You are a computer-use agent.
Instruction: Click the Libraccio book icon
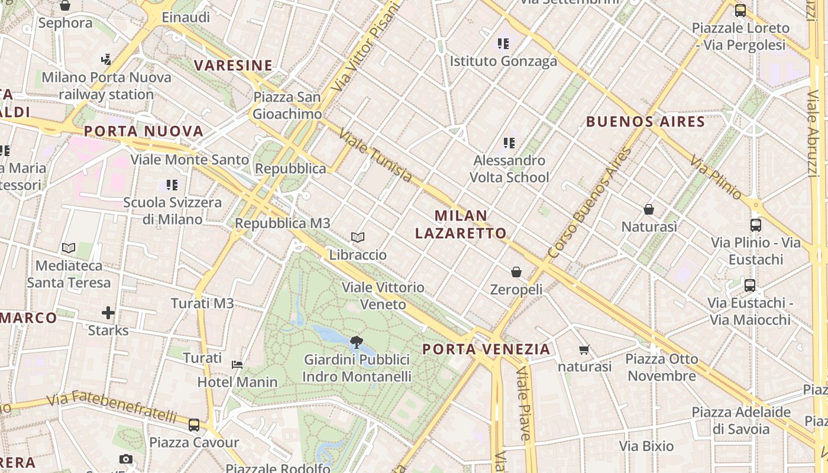click(357, 238)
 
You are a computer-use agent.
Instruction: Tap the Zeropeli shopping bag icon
click(516, 272)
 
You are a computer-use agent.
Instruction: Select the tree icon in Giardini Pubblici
click(357, 342)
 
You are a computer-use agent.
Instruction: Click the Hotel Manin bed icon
click(237, 365)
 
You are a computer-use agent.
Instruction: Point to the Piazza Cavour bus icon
click(194, 425)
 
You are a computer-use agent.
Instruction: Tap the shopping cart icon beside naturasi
click(584, 350)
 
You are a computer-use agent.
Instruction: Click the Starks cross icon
click(108, 313)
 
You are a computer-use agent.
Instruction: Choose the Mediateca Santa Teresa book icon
click(69, 248)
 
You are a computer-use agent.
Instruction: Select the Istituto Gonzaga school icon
click(503, 43)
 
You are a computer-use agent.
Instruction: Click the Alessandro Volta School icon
click(509, 142)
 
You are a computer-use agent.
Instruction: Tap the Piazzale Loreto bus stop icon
click(740, 11)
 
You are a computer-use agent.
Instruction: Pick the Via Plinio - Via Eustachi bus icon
click(755, 225)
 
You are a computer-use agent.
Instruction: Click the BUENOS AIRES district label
click(645, 122)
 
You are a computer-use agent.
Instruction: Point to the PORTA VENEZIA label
click(486, 349)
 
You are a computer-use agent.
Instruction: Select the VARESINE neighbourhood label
click(234, 66)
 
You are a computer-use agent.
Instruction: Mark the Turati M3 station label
click(202, 303)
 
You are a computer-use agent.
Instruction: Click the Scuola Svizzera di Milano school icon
click(172, 185)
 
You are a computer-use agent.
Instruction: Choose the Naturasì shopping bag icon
click(649, 209)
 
